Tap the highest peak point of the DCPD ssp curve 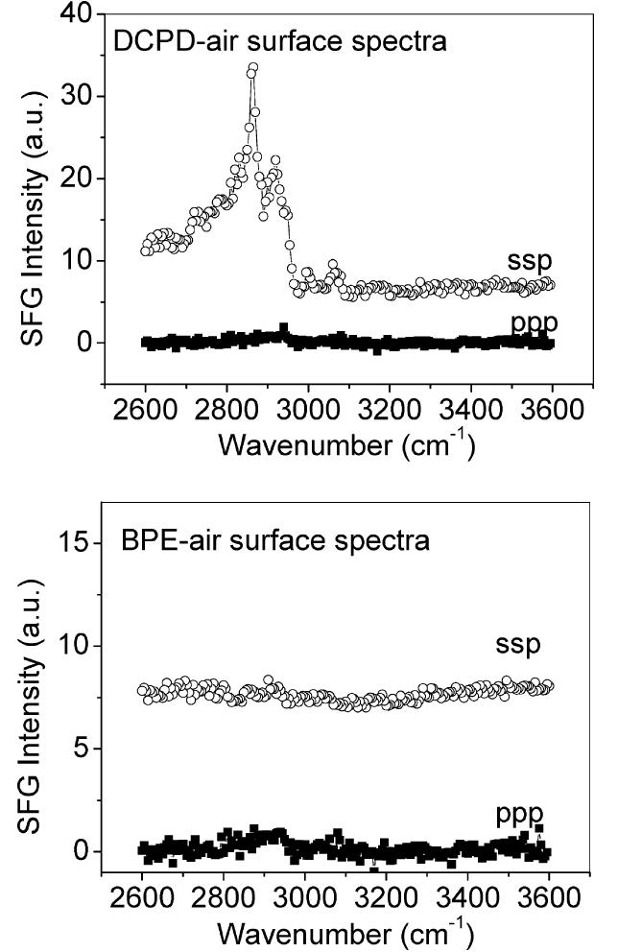(x=253, y=67)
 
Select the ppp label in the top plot (x=535, y=321)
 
